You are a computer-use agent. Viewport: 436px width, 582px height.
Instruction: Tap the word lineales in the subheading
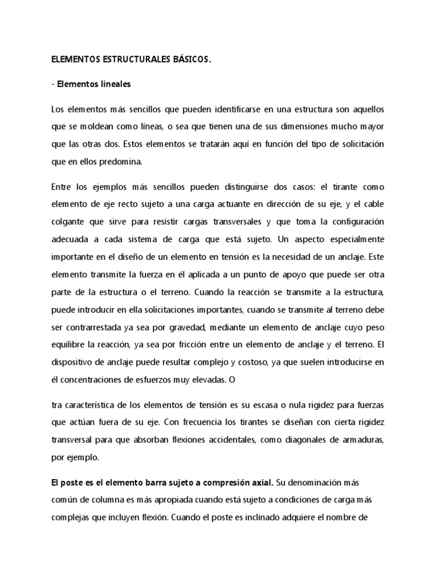(x=114, y=84)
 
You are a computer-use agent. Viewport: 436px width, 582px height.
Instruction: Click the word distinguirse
(x=230, y=186)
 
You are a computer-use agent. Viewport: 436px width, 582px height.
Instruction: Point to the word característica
(x=93, y=405)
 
